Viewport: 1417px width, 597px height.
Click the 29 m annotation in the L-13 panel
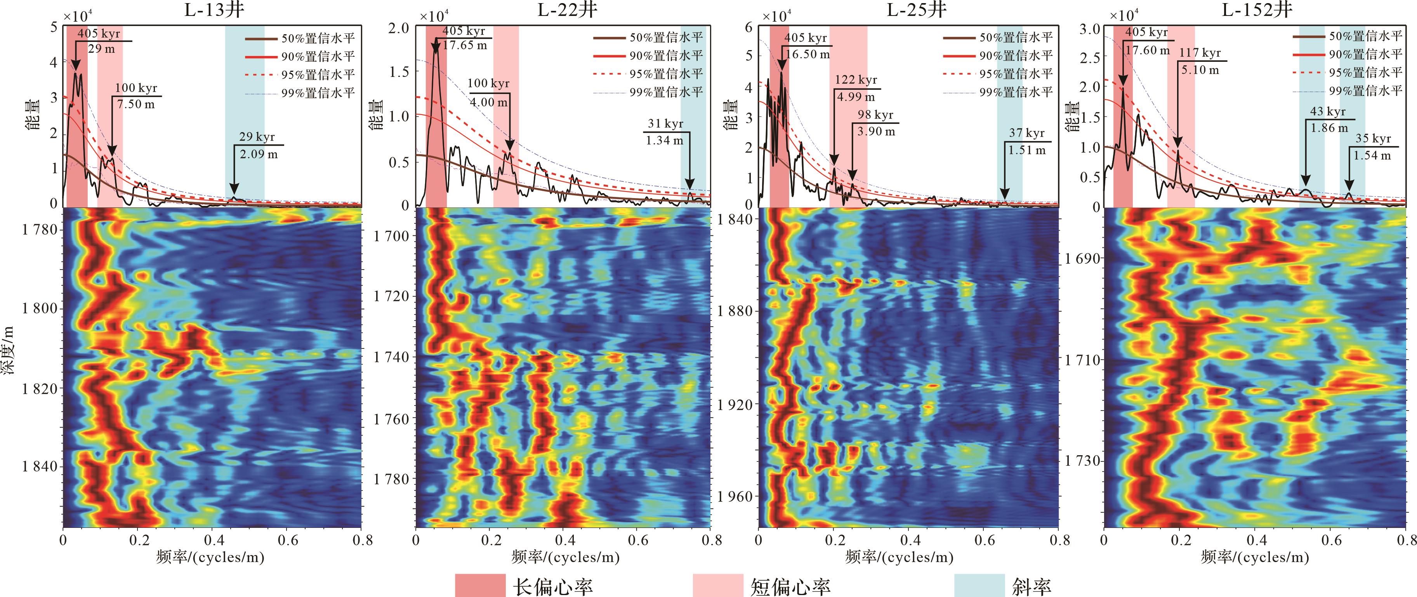tap(102, 49)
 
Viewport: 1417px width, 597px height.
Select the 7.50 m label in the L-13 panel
tap(136, 104)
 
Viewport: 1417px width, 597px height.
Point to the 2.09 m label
tap(259, 155)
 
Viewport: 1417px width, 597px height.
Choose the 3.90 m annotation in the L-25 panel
tap(876, 132)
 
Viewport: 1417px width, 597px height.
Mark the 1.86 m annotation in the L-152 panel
tap(1329, 128)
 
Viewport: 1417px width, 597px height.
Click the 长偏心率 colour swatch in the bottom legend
tap(480, 585)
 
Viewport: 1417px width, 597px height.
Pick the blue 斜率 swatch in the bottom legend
tap(979, 585)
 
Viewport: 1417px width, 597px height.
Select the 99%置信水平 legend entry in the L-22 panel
tap(665, 92)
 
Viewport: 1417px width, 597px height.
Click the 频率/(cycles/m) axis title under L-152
tap(1254, 557)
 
